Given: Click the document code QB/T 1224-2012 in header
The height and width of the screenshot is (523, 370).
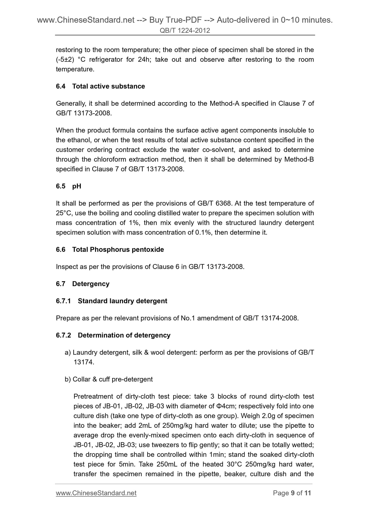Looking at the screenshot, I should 185,31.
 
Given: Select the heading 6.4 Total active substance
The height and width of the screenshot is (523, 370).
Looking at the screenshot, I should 100,86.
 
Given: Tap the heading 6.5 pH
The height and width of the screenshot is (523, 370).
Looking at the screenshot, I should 68,186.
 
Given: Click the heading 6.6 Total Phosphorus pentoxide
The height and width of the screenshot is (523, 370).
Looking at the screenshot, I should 110,249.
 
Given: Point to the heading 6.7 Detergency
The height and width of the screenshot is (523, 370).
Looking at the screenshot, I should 82,284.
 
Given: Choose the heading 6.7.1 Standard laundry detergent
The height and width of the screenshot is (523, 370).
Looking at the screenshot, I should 111,301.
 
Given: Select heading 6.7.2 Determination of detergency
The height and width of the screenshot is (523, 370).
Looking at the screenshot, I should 113,335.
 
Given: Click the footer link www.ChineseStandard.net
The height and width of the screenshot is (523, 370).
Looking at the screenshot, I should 96,493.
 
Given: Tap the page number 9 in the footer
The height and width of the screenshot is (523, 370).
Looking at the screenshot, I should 293,493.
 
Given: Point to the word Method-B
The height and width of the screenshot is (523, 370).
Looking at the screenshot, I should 299,159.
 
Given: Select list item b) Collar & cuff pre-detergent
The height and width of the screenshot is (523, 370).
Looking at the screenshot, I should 109,379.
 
